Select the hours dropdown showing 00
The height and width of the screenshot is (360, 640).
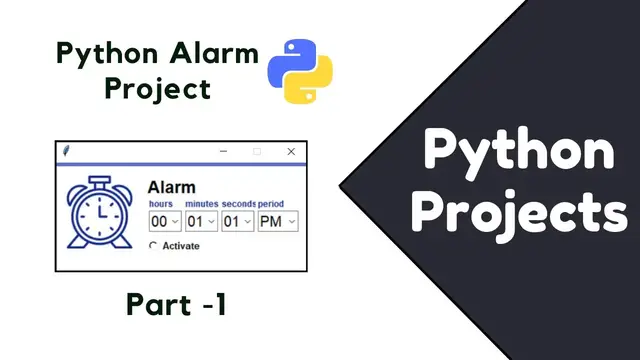pyautogui.click(x=164, y=221)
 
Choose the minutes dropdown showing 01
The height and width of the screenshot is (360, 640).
pyautogui.click(x=201, y=221)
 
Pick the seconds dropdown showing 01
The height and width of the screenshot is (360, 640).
pyautogui.click(x=237, y=221)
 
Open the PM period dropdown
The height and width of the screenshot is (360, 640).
pyautogui.click(x=277, y=221)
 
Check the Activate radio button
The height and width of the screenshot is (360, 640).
pyautogui.click(x=153, y=246)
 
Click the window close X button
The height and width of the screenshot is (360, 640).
pyautogui.click(x=291, y=151)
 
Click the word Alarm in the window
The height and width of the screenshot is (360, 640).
pyautogui.click(x=171, y=187)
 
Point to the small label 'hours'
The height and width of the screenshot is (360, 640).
pyautogui.click(x=160, y=204)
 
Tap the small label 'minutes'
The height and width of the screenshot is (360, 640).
pyautogui.click(x=201, y=204)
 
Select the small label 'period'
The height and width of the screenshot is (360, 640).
pyautogui.click(x=271, y=204)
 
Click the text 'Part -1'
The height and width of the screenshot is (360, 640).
pyautogui.click(x=177, y=304)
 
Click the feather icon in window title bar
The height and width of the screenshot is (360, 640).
pyautogui.click(x=66, y=151)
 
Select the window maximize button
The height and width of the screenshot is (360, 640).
pyautogui.click(x=257, y=151)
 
